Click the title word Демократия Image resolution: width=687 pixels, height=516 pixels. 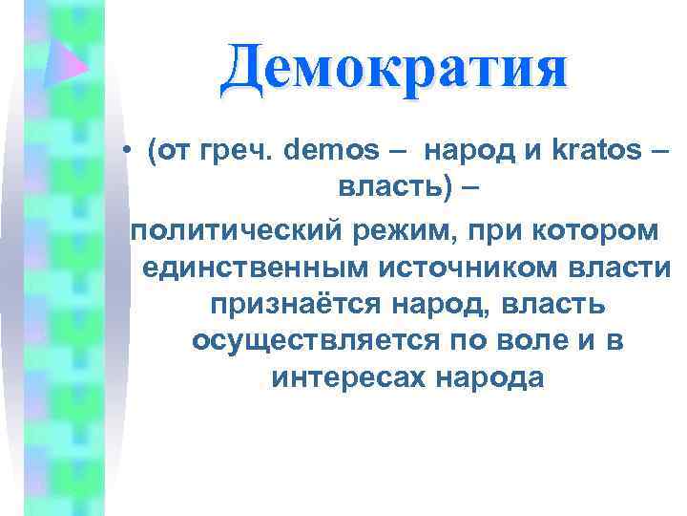[x=392, y=69]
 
